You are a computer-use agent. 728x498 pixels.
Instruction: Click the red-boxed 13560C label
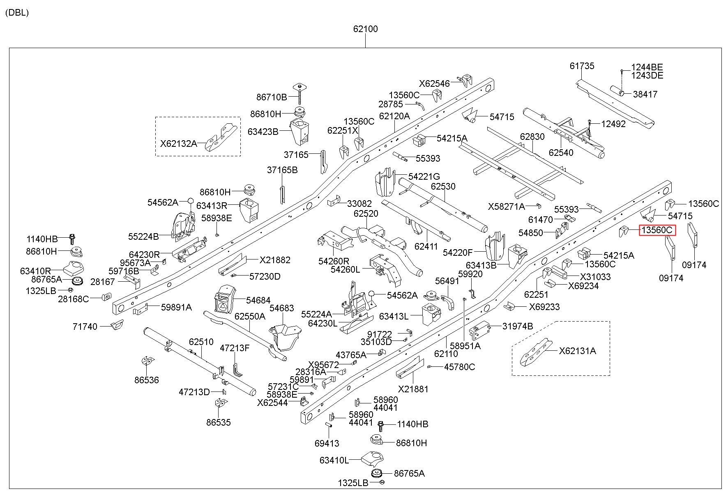click(x=657, y=230)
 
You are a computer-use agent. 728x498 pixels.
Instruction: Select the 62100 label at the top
click(x=365, y=29)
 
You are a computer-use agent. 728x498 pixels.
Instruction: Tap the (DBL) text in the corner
click(x=17, y=13)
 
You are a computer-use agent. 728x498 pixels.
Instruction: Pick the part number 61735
click(x=582, y=66)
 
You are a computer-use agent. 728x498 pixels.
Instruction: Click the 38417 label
click(x=645, y=94)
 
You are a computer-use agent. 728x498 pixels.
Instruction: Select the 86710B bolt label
click(x=272, y=97)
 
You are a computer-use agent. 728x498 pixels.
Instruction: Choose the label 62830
click(x=532, y=137)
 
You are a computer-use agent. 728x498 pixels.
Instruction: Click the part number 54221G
click(x=424, y=176)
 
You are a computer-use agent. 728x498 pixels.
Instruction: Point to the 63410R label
click(x=35, y=271)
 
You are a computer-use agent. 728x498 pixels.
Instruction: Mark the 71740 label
click(x=85, y=327)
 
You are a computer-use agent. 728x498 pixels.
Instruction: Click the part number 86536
click(x=146, y=380)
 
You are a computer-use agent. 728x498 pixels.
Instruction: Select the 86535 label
click(x=219, y=422)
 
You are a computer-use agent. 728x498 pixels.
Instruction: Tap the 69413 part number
click(x=327, y=443)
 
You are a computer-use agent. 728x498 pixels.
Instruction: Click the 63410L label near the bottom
click(x=334, y=460)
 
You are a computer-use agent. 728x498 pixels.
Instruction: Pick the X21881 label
click(x=413, y=389)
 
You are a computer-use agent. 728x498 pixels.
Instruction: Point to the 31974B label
click(x=518, y=326)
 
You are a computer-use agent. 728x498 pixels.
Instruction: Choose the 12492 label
click(x=613, y=124)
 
